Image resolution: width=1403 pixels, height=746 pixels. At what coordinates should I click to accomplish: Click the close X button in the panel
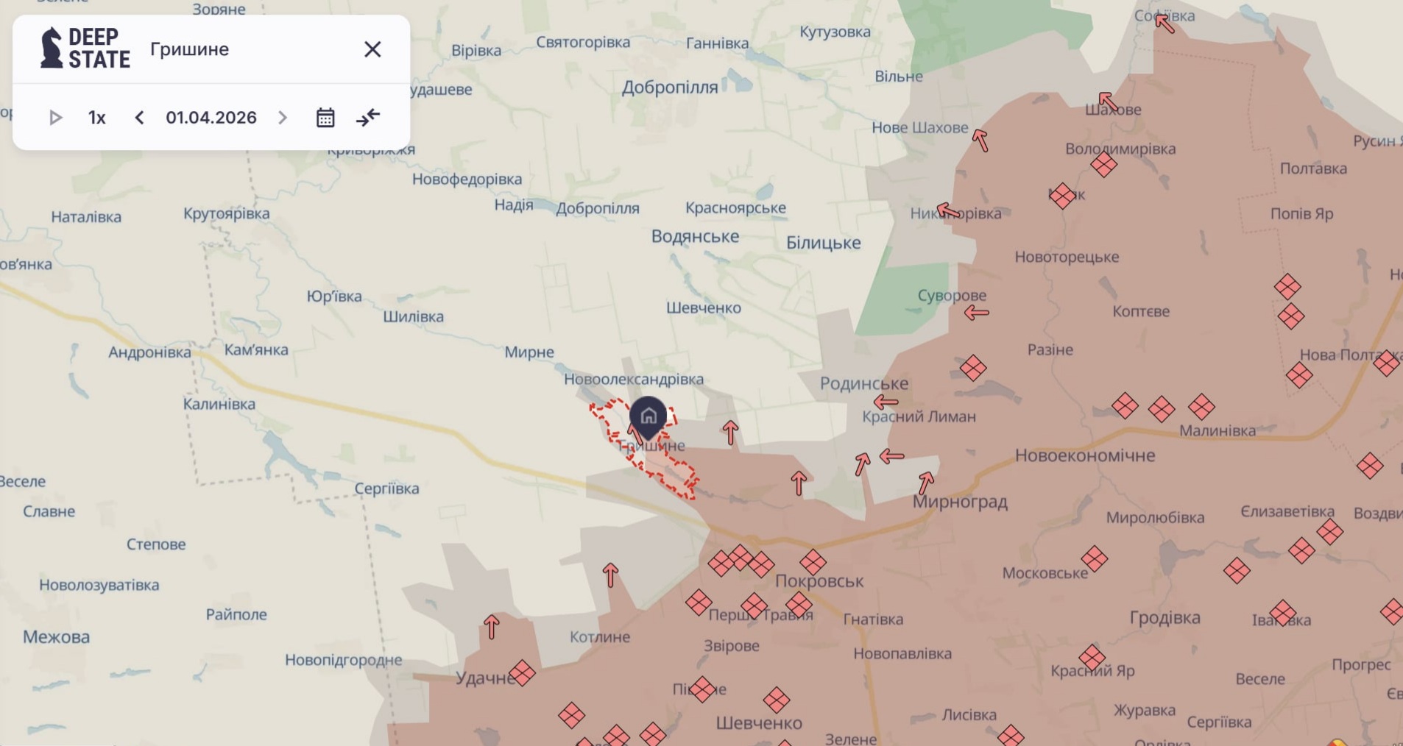point(372,49)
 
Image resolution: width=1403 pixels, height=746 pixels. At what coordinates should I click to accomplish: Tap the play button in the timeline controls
point(55,118)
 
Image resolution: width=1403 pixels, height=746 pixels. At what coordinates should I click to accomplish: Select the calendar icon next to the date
point(325,118)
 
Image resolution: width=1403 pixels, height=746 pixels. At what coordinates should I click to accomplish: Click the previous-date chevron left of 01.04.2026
point(139,118)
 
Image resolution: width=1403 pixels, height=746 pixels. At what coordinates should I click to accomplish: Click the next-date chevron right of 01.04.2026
point(283,118)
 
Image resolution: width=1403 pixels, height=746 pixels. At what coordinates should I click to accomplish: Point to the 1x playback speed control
point(97,118)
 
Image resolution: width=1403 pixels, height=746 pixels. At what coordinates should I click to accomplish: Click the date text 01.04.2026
point(211,118)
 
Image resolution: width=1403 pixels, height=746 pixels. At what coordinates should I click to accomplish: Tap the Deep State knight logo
point(52,48)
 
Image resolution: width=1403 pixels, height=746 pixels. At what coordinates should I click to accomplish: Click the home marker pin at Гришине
point(648,417)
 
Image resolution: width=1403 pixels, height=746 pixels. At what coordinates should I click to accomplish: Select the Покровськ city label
point(819,581)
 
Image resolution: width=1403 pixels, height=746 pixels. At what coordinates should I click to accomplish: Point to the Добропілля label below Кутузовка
point(670,88)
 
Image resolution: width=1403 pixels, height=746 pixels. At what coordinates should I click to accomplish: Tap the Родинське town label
point(864,383)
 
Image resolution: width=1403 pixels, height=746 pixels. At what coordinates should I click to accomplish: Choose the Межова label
point(56,637)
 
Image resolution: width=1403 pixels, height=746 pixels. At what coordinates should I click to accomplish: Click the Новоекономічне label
point(1085,455)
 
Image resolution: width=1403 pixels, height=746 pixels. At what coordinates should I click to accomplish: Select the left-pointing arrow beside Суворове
point(977,313)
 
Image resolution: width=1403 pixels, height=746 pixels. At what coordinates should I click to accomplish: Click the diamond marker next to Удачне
point(522,673)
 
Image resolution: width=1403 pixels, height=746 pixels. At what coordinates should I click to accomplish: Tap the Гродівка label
point(1165,618)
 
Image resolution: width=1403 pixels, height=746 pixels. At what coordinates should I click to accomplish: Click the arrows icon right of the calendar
point(368,118)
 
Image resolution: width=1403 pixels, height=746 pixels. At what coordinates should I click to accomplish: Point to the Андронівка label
point(149,352)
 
